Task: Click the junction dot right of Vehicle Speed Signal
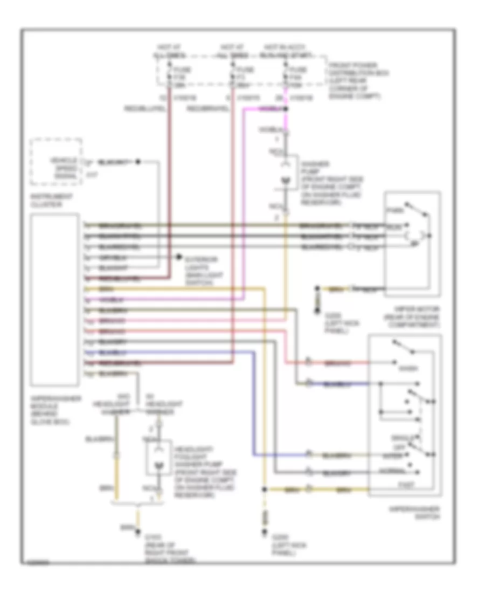pos(138,162)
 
